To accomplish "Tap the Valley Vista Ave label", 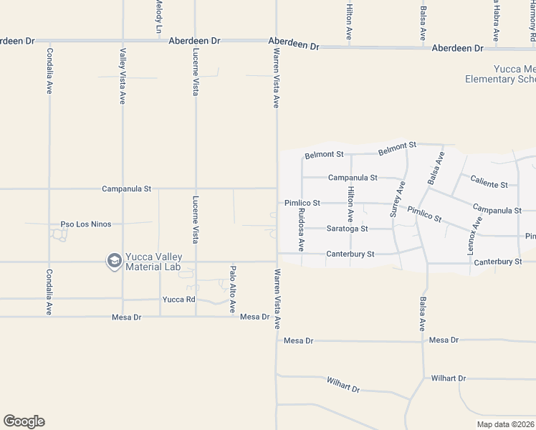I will pos(123,76).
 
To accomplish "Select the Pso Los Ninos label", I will pos(86,224).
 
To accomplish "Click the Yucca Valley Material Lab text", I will pos(153,262).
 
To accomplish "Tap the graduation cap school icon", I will pos(113,262).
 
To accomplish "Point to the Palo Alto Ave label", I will pos(233,290).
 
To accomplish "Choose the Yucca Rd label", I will pos(179,300).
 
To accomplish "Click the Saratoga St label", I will pos(347,229).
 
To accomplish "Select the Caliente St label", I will pos(489,184).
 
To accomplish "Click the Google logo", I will pos(24,421).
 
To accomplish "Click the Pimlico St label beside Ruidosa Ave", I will pos(302,204).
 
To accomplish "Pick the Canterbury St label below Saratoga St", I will pos(350,254).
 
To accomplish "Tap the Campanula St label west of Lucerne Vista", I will pos(127,189).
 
